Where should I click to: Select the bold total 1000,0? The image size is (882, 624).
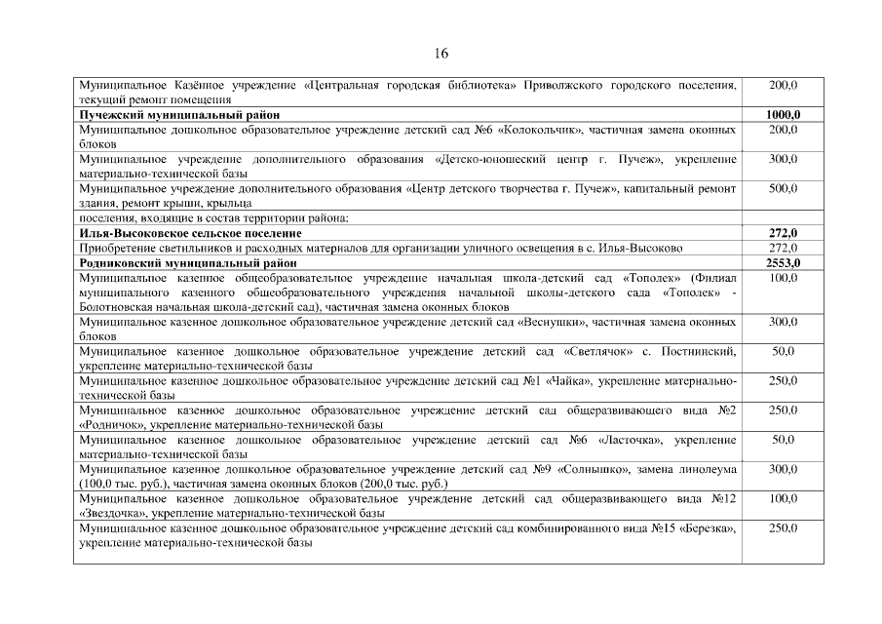[783, 115]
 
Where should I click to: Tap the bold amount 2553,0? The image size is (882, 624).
[783, 263]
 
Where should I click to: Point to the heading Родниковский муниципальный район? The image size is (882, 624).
[173, 263]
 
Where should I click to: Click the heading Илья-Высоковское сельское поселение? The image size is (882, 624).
[190, 234]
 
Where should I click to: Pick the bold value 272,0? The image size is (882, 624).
[783, 234]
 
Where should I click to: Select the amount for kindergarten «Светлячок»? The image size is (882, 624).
[783, 351]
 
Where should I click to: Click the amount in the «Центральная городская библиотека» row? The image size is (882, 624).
[783, 86]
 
